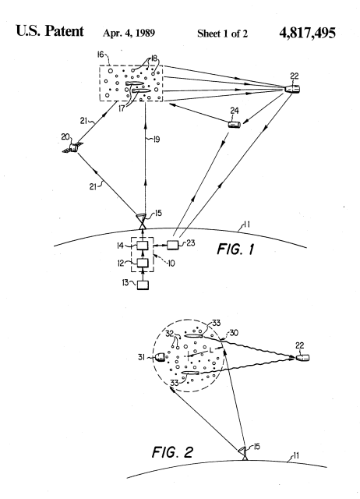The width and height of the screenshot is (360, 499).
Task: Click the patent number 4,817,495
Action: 307,33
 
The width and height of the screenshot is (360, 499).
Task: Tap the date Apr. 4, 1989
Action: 129,33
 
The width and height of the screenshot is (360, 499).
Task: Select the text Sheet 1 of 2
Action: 222,34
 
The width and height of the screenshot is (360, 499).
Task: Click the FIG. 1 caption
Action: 235,249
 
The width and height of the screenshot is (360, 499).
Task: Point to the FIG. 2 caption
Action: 172,452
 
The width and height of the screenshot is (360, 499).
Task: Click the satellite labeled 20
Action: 74,147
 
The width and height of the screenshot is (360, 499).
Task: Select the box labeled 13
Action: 143,285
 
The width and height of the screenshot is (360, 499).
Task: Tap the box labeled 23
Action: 173,245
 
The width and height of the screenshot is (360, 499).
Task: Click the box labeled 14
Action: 143,246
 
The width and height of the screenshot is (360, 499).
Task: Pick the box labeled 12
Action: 143,264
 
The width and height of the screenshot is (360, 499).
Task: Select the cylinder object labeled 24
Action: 235,124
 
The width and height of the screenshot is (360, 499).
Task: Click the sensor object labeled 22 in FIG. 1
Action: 291,89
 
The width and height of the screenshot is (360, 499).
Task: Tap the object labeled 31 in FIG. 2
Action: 160,357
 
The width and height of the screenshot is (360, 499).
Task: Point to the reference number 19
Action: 157,139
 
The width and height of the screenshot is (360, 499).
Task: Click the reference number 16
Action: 101,55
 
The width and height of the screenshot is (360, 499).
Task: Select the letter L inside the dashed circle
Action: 211,350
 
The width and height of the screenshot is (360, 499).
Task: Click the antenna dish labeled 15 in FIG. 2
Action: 244,452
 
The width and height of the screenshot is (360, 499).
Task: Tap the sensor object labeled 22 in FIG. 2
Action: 302,358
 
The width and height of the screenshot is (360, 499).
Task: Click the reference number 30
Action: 234,333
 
